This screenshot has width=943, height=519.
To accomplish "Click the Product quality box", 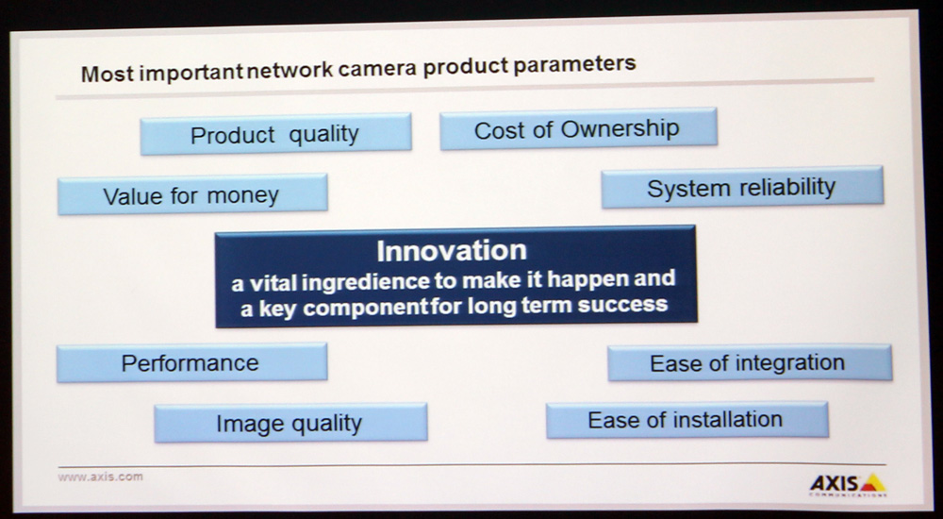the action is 276,134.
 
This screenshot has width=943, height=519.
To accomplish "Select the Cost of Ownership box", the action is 579,129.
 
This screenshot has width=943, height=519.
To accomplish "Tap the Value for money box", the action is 192,193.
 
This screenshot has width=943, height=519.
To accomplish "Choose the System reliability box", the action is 742,187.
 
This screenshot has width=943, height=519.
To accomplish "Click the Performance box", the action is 191,362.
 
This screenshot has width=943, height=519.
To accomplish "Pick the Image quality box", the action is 290,423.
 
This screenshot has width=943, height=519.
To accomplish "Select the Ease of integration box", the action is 750,362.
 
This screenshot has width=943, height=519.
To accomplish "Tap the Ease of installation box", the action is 687,420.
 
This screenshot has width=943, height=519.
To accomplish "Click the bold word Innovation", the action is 452,250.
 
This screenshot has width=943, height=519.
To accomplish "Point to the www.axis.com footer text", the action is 101,477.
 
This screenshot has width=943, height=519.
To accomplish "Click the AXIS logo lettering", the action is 835,483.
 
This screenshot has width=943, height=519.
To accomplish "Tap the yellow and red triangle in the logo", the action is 872,483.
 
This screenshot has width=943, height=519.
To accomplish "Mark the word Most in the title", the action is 108,74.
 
